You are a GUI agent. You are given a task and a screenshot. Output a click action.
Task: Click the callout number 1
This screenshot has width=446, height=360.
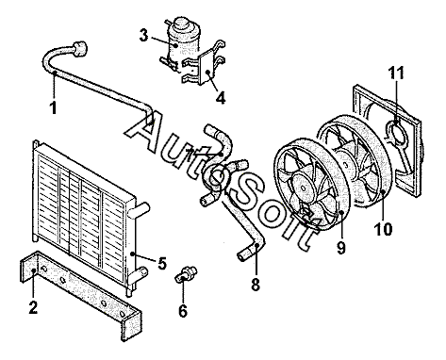click(54, 107)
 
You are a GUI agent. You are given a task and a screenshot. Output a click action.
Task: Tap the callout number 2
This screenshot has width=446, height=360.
click(33, 307)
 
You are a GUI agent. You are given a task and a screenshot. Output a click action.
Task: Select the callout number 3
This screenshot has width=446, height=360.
click(143, 36)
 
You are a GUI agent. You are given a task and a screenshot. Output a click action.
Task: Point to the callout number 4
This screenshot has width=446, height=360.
click(221, 98)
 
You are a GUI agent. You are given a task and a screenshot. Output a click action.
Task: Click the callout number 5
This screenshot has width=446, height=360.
click(162, 263)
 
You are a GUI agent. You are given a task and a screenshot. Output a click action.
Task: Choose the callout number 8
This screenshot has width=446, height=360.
click(256, 285)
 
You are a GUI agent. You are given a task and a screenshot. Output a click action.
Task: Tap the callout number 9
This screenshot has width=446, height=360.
click(341, 248)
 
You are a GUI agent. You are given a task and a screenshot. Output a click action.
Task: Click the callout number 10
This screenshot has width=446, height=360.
click(384, 229)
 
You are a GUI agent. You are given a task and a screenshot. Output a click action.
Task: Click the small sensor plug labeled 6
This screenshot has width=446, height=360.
click(186, 274)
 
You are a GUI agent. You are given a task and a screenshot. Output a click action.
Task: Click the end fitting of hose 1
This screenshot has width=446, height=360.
click(79, 49)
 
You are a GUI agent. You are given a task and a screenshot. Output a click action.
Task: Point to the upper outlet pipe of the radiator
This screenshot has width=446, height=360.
click(140, 210)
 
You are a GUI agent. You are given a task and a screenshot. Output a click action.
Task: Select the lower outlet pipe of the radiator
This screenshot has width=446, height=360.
click(139, 273)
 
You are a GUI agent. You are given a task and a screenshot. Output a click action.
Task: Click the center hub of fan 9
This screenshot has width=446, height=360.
click(303, 188)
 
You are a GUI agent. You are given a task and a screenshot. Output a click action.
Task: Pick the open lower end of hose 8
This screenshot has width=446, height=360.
click(241, 255)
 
